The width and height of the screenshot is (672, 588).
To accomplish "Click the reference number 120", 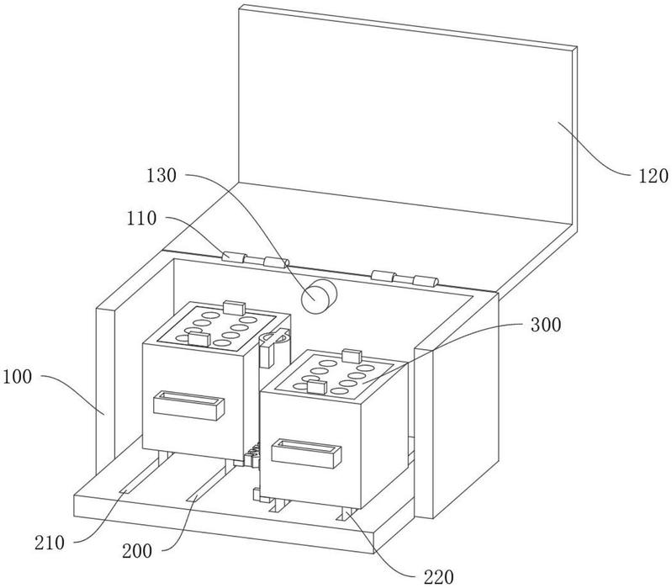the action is [653, 176].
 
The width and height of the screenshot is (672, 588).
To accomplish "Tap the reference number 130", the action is [161, 175].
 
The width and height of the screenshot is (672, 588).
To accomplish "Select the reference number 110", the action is [141, 219].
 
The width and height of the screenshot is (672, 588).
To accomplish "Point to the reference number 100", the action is [17, 377].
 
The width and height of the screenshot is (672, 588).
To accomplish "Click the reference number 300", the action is [546, 325].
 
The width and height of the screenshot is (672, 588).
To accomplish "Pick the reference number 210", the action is [50, 543].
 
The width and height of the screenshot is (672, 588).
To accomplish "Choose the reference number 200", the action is [137, 551].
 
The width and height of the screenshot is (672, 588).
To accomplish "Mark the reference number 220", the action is [439, 577].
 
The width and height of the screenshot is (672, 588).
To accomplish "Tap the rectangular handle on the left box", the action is [189, 405].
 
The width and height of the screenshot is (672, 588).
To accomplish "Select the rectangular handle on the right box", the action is [306, 453].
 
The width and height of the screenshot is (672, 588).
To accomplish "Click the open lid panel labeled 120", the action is [407, 116].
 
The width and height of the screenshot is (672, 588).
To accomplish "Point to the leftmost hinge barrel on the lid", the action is [234, 257].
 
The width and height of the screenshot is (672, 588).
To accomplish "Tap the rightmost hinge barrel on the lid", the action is [426, 281].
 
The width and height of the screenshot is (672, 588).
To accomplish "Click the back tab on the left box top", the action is [235, 307].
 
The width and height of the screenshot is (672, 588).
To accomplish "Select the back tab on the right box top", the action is [352, 356].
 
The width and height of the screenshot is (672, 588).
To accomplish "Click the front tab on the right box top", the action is [317, 387].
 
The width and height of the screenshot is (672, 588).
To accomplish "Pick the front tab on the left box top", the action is [198, 338].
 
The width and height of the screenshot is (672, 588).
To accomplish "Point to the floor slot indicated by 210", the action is [144, 477].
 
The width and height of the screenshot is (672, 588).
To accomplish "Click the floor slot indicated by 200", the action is [207, 482].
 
